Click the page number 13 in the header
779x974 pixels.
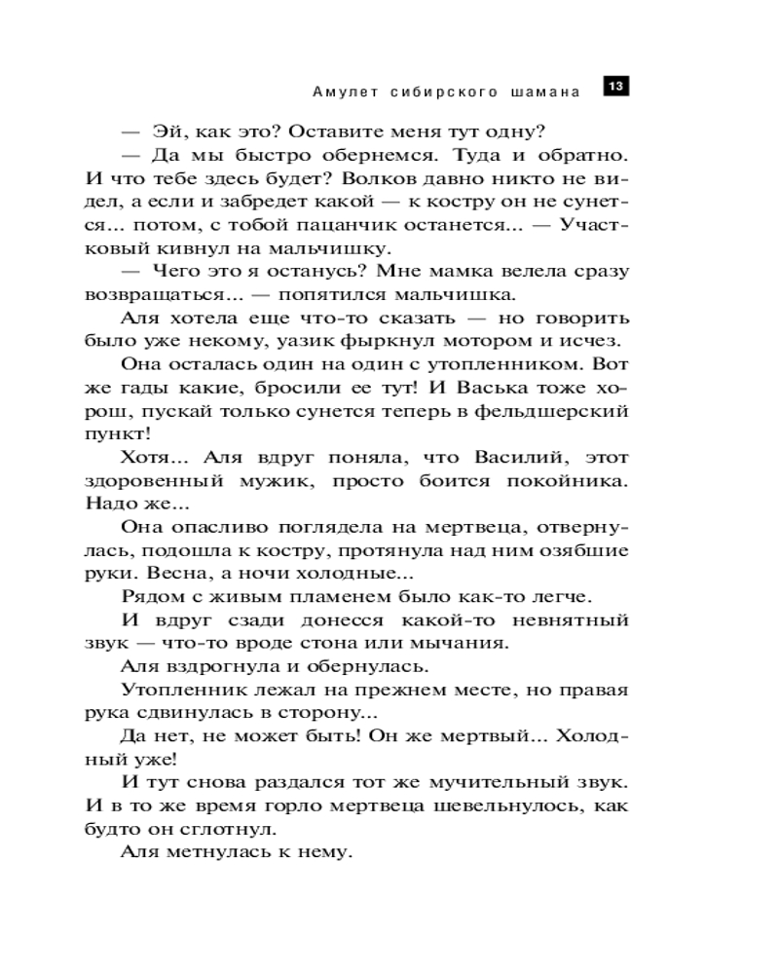pyautogui.click(x=615, y=87)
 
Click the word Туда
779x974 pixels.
pyautogui.click(x=464, y=156)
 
